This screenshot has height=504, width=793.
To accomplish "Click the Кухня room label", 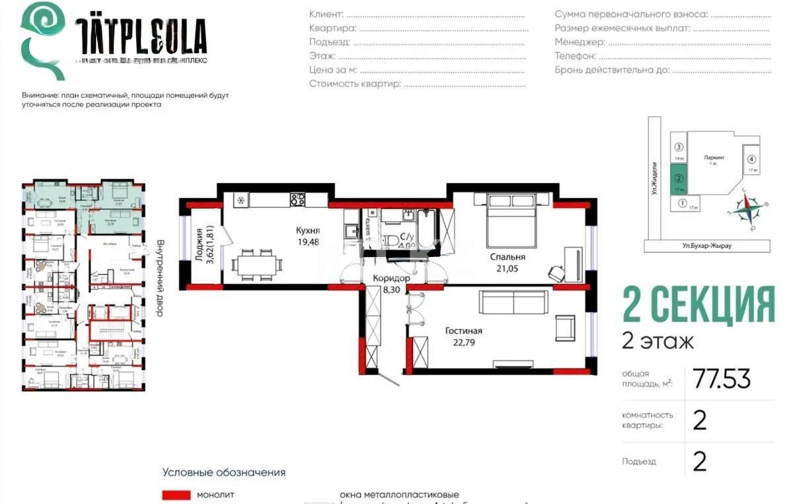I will (308, 231).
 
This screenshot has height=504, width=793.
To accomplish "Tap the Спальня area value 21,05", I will (507, 269).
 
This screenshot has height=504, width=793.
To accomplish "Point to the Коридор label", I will (391, 279).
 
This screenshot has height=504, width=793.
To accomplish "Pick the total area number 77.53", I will (721, 379).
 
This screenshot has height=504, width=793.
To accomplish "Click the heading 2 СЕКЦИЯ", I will (699, 305).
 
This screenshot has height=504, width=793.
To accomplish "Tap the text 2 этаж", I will (658, 342).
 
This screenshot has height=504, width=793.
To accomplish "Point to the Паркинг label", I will (714, 158).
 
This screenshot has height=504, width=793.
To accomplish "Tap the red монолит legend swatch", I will (175, 495).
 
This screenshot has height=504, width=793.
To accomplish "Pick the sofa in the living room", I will (513, 303).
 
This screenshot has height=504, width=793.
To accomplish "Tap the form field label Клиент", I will (326, 14).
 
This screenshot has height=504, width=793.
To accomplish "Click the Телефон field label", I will (575, 56).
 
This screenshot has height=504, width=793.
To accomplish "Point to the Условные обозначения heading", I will (224, 472).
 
